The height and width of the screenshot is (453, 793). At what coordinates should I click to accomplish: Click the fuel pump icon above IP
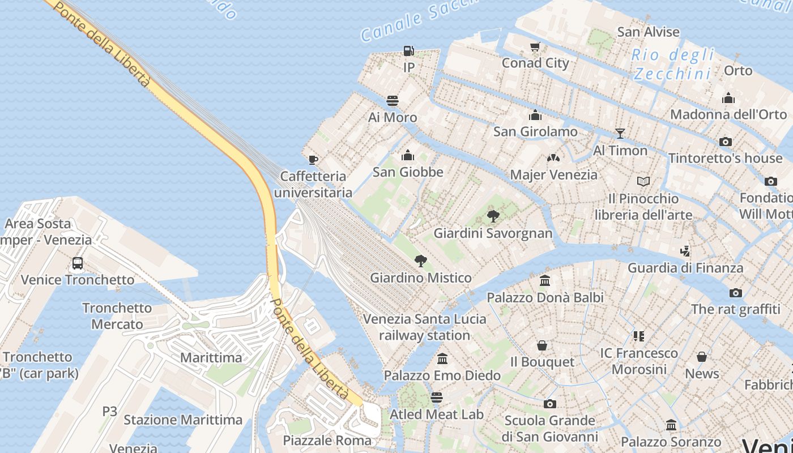point(408,51)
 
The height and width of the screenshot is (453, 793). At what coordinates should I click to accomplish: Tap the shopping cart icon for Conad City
point(535,46)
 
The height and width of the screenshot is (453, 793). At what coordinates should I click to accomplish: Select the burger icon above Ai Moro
point(393,101)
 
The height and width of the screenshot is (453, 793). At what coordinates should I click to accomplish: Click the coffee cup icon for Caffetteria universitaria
point(313,160)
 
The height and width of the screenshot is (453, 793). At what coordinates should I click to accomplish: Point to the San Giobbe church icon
point(408,155)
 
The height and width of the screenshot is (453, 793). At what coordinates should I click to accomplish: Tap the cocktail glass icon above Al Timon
point(620,134)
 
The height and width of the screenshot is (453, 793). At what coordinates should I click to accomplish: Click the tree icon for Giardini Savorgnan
point(493,216)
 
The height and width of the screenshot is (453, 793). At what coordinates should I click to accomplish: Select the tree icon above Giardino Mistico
point(420,261)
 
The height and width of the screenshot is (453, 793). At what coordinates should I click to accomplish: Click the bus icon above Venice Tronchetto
point(78,263)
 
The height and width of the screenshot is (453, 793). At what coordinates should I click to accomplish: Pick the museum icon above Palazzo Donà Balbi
point(545,280)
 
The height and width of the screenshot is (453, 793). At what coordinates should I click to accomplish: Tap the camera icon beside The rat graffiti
point(736,293)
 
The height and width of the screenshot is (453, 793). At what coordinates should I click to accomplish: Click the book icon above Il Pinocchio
point(643,182)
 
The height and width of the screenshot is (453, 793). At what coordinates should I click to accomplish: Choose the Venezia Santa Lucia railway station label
point(424,327)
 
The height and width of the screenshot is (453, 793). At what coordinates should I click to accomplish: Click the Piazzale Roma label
point(327,441)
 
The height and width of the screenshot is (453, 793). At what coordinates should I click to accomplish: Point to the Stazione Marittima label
point(183,420)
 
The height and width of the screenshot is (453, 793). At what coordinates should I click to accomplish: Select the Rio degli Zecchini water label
point(672,64)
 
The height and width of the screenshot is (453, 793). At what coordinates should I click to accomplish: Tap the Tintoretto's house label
point(725,158)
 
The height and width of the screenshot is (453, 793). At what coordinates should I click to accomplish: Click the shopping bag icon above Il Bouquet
point(542,345)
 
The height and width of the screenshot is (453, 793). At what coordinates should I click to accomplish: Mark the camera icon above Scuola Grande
point(549,404)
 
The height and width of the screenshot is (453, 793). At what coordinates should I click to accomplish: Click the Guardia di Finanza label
point(685,268)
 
